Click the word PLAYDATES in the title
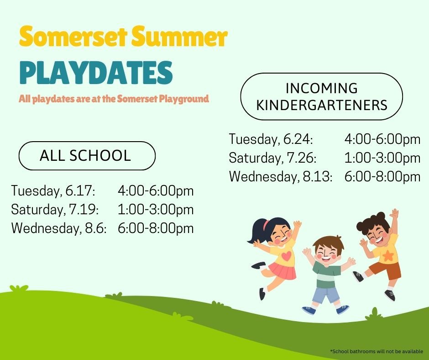pyautogui.click(x=96, y=72)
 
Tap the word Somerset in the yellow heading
pyautogui.click(x=73, y=37)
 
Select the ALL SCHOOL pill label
pyautogui.click(x=87, y=156)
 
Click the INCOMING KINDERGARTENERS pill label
pyautogui.click(x=321, y=96)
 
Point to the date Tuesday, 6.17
pyautogui.click(x=53, y=191)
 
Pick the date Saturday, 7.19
pyautogui.click(x=55, y=210)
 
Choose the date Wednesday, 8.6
pyautogui.click(x=59, y=228)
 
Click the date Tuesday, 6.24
pyautogui.click(x=271, y=139)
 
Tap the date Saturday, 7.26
pyautogui.click(x=272, y=158)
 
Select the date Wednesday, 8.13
pyautogui.click(x=281, y=176)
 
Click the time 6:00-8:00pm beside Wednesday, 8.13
pyautogui.click(x=382, y=177)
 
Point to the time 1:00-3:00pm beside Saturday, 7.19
pyautogui.click(x=156, y=210)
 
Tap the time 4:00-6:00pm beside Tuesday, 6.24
pyautogui.click(x=382, y=139)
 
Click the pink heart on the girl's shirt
pyautogui.click(x=286, y=256)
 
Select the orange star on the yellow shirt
pyautogui.click(x=388, y=256)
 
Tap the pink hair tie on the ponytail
pyautogui.click(x=266, y=224)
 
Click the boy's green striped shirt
pyautogui.click(x=326, y=275)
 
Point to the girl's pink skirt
pyautogui.click(x=283, y=270)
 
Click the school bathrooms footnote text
pyautogui.click(x=377, y=351)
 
